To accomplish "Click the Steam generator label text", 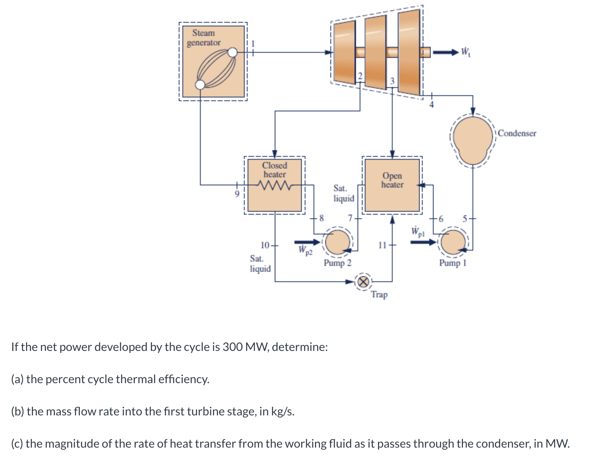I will coord(204,38).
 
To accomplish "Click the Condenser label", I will coord(517,133).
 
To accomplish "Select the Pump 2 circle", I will coord(337,242).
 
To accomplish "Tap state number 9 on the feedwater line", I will coord(237,193).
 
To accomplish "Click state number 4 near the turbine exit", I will coord(431,105).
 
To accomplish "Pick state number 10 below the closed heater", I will coord(265,245).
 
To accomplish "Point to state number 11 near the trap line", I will coord(382,245).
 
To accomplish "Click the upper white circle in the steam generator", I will coord(233,53).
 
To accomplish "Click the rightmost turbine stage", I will coord(409,52).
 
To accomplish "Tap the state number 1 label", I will coord(252,44).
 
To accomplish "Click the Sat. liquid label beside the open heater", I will coord(344,193).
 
